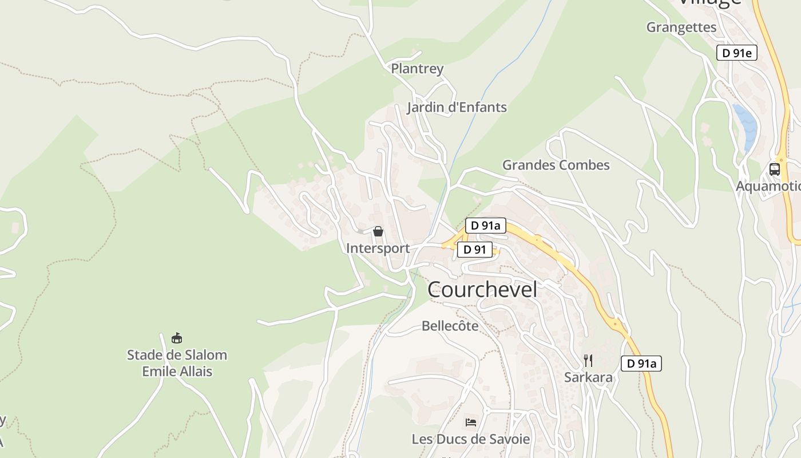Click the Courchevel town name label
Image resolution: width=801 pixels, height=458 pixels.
pos(482,290)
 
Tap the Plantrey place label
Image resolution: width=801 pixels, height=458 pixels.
pos(417,69)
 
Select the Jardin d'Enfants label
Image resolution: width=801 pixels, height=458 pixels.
pos(457,107)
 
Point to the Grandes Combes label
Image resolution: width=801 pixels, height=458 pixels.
pos(556,165)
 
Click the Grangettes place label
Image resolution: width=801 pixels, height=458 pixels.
pos(681,27)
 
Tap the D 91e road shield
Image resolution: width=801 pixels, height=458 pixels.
pos(737,53)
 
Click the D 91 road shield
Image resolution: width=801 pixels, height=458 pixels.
pos(474,250)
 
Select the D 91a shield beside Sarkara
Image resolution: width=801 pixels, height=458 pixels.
pos(641,363)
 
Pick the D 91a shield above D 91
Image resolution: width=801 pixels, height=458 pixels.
pos(486,226)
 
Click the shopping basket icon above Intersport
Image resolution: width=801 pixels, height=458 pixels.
pos(378,231)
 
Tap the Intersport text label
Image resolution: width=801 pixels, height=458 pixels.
pos(378,248)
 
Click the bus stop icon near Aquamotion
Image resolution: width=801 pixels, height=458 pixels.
pos(774,169)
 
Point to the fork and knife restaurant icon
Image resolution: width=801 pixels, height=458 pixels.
pos(588,360)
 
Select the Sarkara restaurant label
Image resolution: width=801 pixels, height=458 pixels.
pos(588,377)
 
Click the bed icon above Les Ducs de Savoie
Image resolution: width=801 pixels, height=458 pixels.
pos(470,423)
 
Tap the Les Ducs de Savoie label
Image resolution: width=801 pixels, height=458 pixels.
pos(471,439)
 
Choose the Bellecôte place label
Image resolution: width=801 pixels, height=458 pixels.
pos(450,326)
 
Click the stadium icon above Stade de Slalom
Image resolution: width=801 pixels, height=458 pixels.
pos(177,338)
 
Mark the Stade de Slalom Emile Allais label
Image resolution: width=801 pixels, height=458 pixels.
pos(177,363)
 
